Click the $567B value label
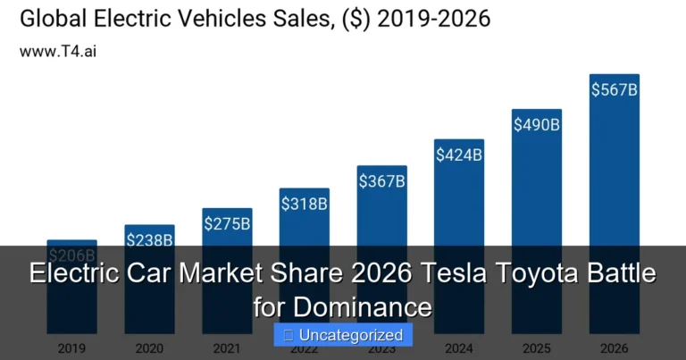click(615, 89)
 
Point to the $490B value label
click(536, 124)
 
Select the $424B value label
click(458, 155)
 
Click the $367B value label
click(381, 181)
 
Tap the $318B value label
click(304, 204)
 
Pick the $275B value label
click(227, 223)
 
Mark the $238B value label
click(149, 239)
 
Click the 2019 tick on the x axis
click(71, 347)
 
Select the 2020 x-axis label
click(149, 347)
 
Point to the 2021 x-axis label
click(227, 347)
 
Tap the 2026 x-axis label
click(615, 347)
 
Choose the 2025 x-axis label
click(536, 347)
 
